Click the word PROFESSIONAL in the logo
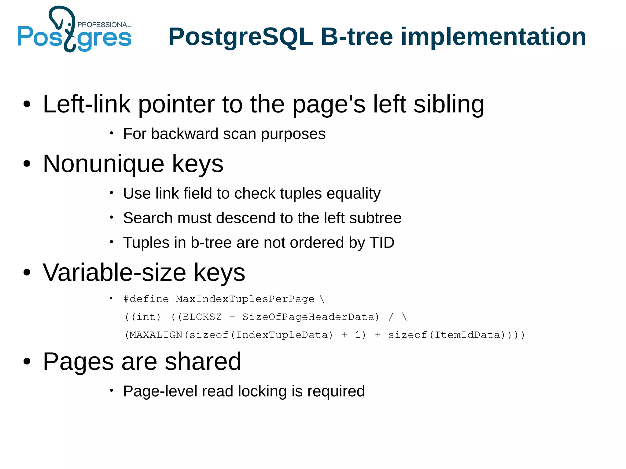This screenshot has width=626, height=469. click(104, 25)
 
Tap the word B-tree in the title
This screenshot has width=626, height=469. click(356, 37)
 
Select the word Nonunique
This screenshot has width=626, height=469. click(103, 164)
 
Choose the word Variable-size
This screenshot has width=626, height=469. click(114, 272)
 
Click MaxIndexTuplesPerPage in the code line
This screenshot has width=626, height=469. click(245, 299)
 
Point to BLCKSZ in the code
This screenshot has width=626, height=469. click(202, 317)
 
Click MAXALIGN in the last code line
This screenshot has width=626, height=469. click(156, 335)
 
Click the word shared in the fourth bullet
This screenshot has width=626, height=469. click(203, 361)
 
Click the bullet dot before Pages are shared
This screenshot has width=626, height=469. click(27, 362)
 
